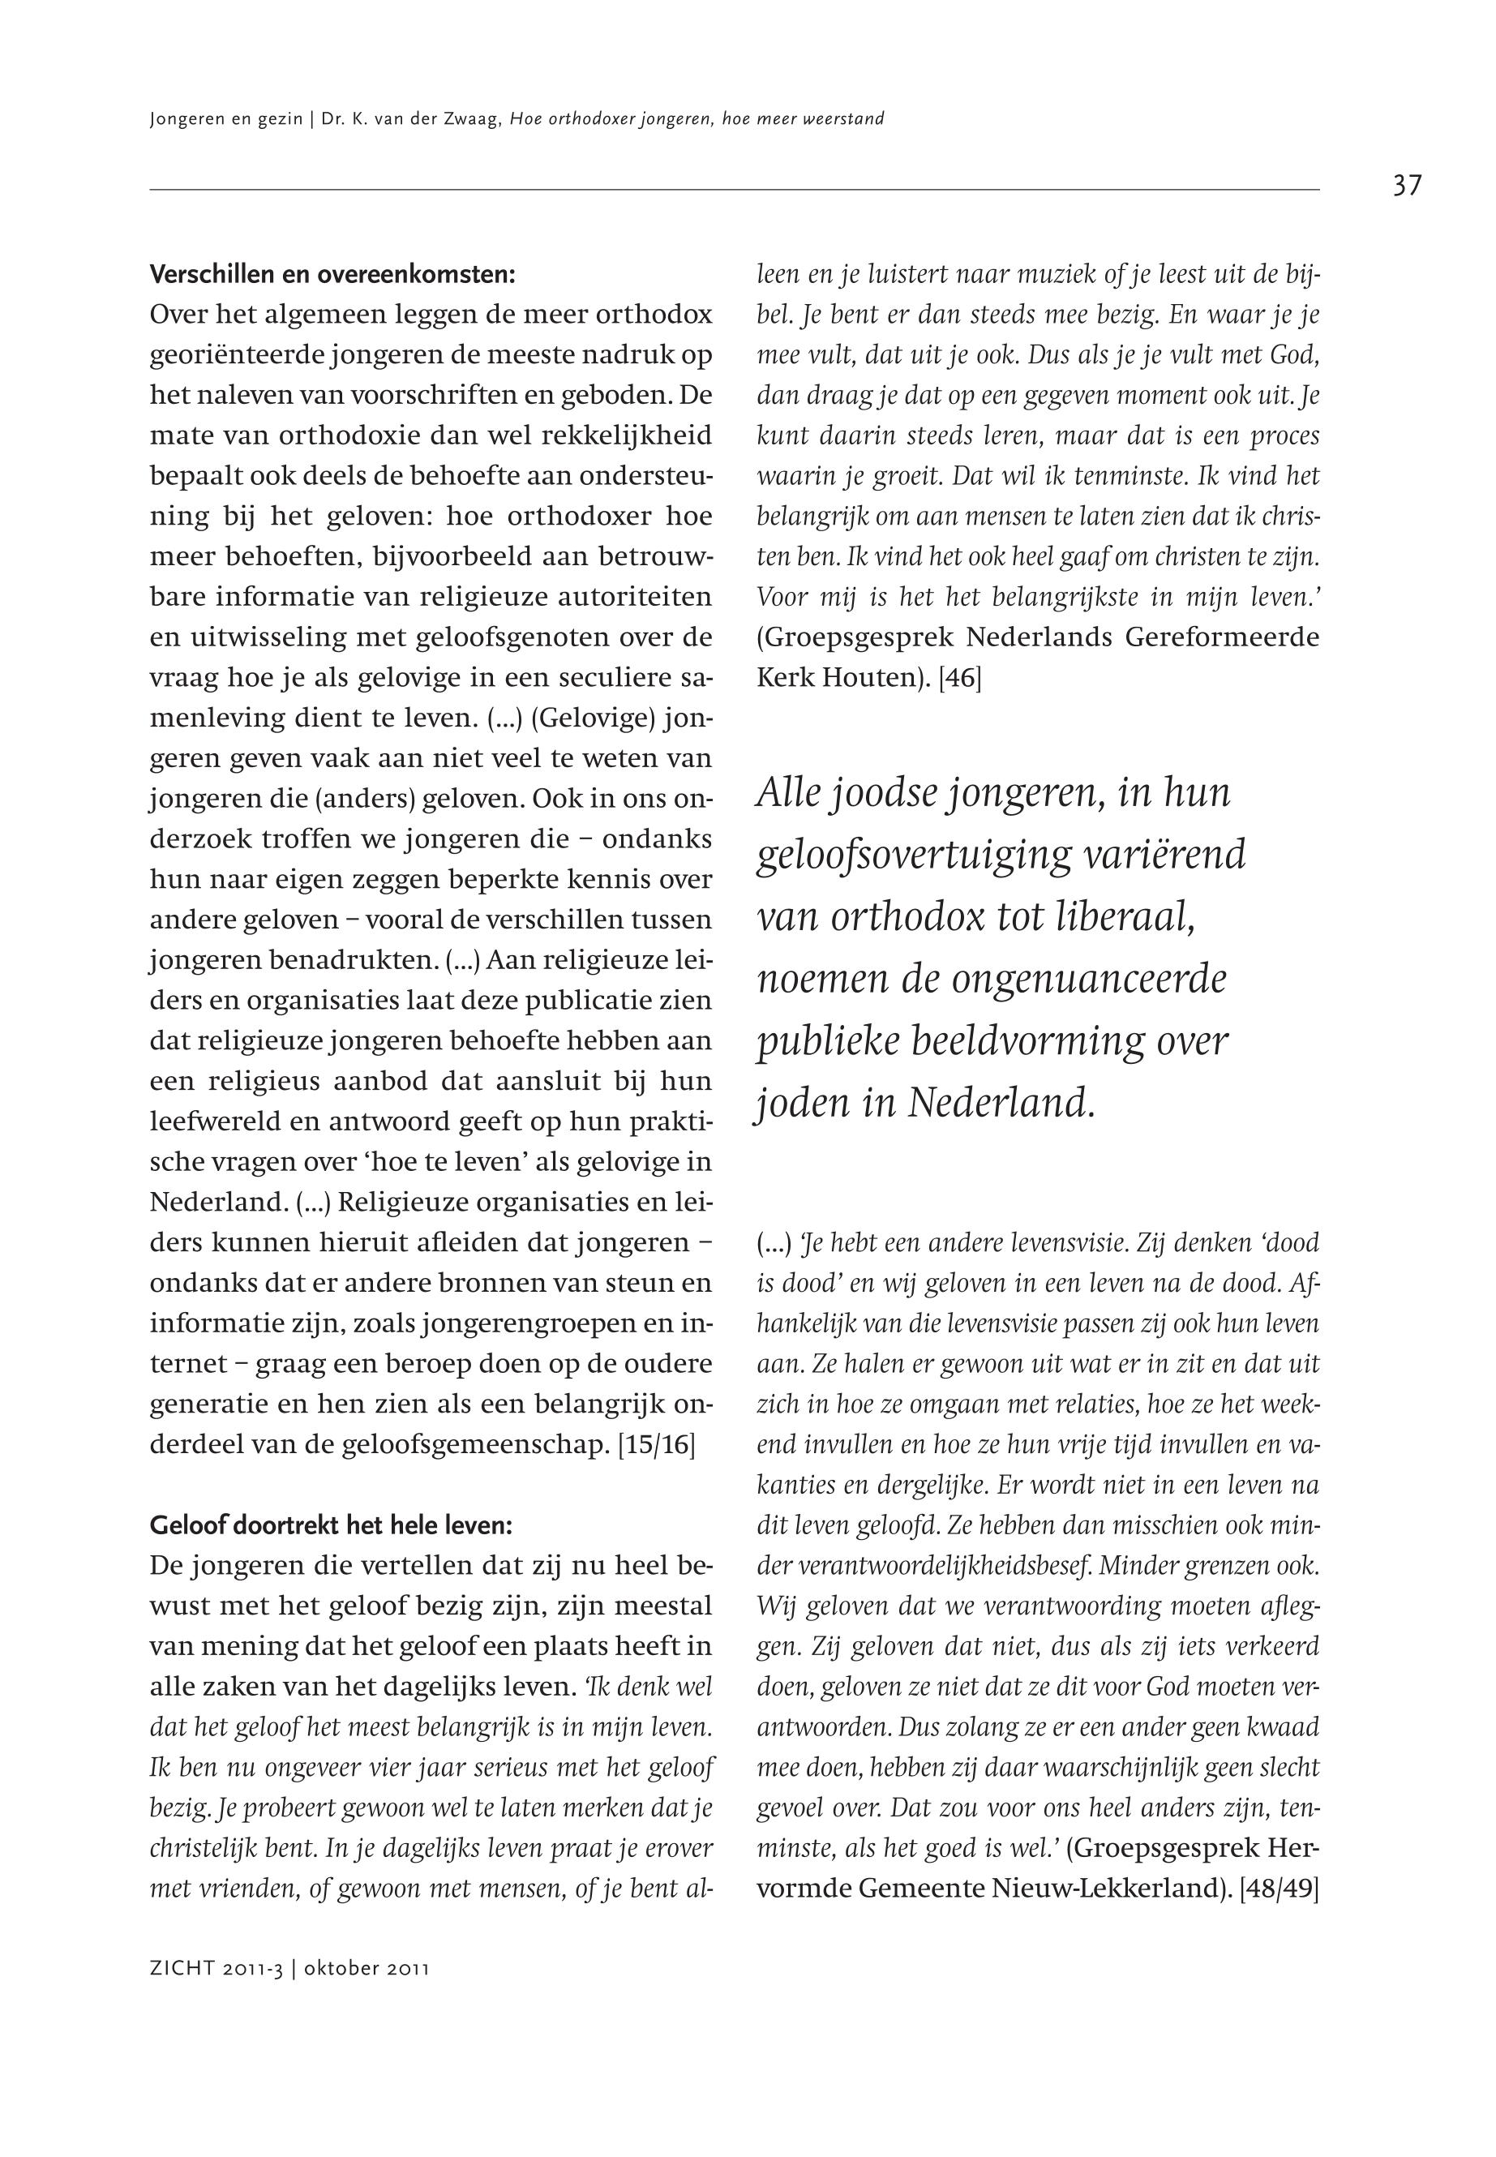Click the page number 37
point(1406,186)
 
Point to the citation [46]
point(959,678)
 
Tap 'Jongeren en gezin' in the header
point(225,119)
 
